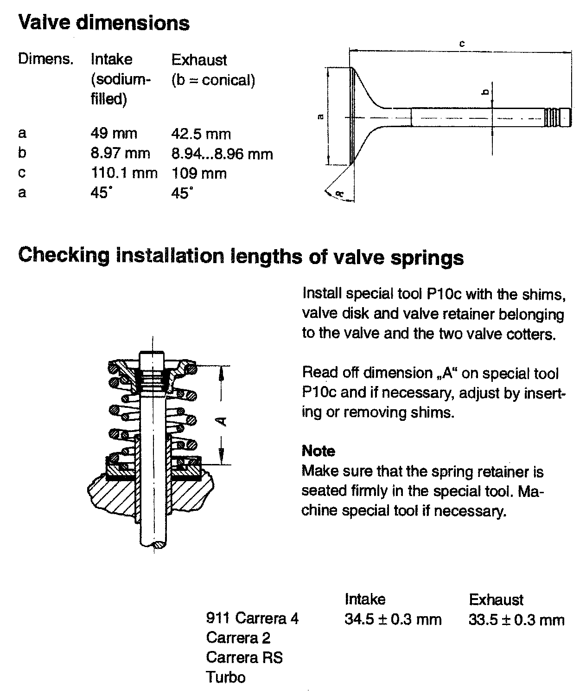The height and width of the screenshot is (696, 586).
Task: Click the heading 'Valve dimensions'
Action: click(x=104, y=23)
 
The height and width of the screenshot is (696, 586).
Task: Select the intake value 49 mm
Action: click(x=114, y=134)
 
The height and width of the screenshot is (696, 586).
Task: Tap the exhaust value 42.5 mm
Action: click(x=201, y=134)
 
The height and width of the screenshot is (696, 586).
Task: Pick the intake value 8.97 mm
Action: click(x=120, y=153)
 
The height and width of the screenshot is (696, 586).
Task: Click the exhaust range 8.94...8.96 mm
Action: click(x=222, y=154)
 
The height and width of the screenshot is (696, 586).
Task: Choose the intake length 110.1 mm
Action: click(x=124, y=173)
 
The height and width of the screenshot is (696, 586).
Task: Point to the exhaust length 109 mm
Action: click(x=199, y=174)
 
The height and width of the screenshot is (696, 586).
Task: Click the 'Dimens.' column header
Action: click(x=45, y=59)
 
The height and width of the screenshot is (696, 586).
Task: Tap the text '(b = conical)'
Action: click(x=213, y=80)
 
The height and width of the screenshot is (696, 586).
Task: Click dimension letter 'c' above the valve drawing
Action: click(x=462, y=44)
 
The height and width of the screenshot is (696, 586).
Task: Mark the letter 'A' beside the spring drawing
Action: click(x=223, y=421)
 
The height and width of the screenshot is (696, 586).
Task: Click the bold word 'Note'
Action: click(x=318, y=451)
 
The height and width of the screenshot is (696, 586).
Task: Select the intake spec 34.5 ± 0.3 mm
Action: click(x=393, y=619)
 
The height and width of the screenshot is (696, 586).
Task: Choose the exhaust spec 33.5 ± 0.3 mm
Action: click(x=516, y=619)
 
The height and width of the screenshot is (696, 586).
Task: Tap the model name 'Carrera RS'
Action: click(x=244, y=657)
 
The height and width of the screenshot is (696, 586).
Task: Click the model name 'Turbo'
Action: click(x=225, y=677)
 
